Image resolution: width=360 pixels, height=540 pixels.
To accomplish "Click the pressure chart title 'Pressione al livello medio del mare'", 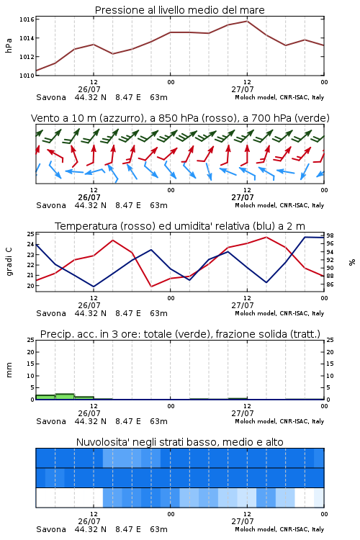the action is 179,10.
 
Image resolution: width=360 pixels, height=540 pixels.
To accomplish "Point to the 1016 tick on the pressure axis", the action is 27,19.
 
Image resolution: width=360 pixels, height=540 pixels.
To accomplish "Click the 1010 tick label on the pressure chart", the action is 27,75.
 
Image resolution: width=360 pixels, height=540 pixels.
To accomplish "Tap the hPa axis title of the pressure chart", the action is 9,45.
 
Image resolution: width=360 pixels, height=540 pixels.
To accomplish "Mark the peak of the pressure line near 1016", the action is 247,21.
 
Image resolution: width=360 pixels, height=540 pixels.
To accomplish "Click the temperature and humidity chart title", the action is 180,226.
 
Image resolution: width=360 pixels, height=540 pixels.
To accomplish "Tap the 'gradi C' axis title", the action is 9,262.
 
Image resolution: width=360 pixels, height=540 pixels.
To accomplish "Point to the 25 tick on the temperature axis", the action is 31,234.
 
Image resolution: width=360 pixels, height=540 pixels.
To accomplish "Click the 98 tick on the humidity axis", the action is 330,235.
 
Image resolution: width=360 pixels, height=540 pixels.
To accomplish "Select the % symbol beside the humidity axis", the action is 352,262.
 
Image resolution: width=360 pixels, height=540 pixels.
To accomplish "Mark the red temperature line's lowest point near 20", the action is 151,286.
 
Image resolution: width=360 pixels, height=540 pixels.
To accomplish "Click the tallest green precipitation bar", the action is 65,397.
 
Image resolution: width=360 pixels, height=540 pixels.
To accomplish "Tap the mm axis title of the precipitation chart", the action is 9,370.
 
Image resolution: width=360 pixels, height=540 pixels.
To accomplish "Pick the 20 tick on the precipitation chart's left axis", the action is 31,352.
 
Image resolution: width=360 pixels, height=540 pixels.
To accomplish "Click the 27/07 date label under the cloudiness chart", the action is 243,521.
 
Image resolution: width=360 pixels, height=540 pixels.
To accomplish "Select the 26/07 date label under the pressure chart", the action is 89,89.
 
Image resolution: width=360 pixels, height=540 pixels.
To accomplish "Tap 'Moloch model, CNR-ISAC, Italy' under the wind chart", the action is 279,205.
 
